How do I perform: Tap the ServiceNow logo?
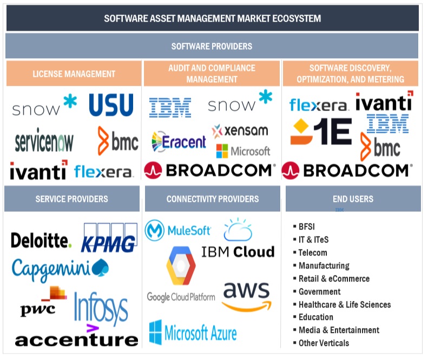44,142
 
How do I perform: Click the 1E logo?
320,132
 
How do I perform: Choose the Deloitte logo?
41,240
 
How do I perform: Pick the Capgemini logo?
60,269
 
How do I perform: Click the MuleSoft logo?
178,231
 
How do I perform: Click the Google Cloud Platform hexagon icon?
181,265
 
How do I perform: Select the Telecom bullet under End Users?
313,253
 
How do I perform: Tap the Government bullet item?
319,291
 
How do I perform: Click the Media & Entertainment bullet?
339,330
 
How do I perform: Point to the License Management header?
74,74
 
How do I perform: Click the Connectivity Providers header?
213,199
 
